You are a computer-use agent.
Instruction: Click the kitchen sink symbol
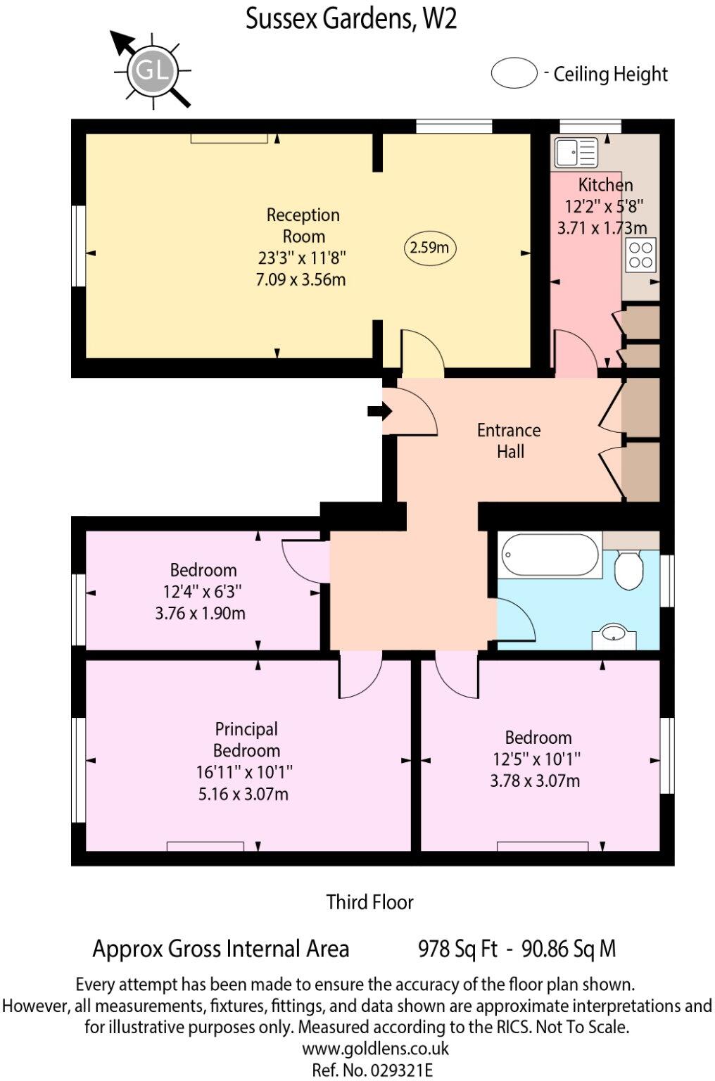click(575, 151)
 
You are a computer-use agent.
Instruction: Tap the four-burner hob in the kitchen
click(640, 255)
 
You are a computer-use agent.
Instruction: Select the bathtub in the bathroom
click(550, 555)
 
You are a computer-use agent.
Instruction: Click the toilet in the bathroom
click(628, 569)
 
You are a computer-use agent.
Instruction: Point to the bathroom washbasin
click(614, 636)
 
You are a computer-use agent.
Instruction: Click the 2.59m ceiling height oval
click(429, 248)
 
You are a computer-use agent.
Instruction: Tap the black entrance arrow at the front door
click(379, 411)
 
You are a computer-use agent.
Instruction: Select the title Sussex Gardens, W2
click(351, 19)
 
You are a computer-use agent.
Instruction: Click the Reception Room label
click(303, 225)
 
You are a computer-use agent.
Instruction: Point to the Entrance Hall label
click(509, 441)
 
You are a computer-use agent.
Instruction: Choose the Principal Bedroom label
click(246, 740)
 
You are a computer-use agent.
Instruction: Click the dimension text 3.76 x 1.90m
click(201, 613)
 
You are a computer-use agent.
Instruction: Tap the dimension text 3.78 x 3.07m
click(535, 780)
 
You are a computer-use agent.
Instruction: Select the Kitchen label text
click(605, 185)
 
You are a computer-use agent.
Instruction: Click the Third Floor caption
click(369, 902)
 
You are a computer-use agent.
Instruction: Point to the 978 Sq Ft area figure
click(457, 949)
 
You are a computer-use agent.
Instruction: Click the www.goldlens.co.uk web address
click(375, 1049)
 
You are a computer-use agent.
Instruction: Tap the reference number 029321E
click(372, 1070)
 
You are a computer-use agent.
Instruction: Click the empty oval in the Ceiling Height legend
click(514, 73)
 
